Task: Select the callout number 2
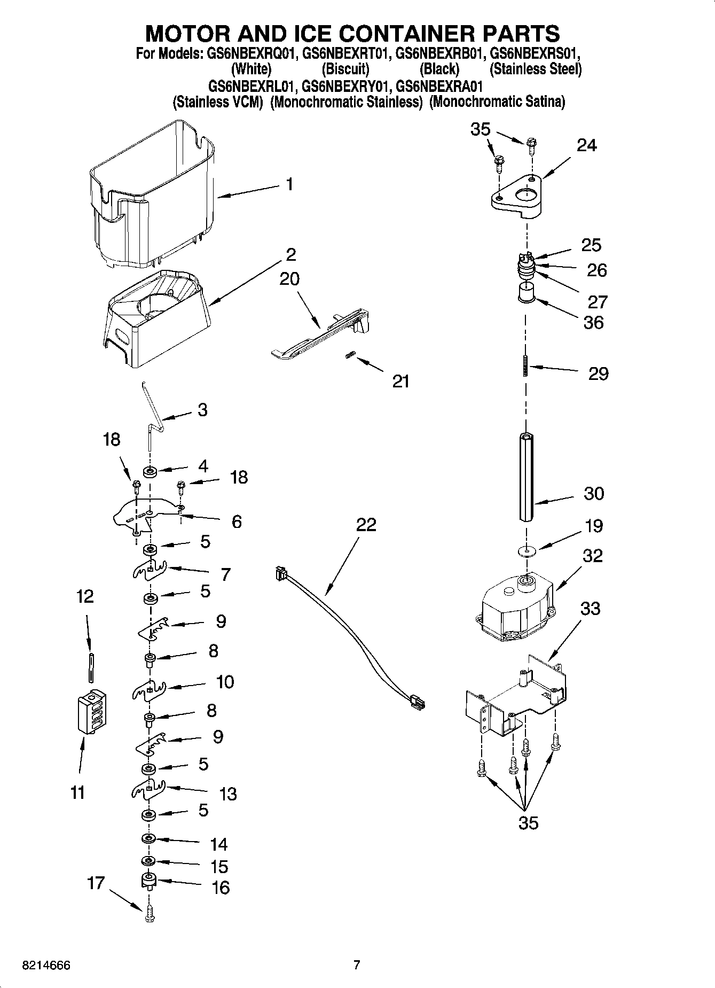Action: [x=290, y=254]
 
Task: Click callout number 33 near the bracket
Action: [x=590, y=608]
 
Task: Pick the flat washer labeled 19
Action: [x=527, y=550]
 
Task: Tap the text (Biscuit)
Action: [x=345, y=69]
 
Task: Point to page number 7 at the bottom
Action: [x=357, y=965]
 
